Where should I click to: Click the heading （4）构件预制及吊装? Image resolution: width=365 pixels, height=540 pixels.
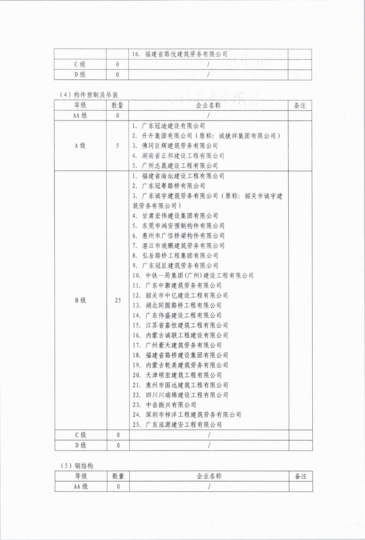coord(89,95)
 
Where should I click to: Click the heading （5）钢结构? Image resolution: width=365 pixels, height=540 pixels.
coord(77,466)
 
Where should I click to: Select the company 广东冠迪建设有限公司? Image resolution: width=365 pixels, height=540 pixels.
coord(169,126)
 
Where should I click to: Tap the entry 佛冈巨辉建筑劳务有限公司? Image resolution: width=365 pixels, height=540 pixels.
coord(175,146)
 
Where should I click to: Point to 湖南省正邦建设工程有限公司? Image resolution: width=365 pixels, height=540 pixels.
coord(178,156)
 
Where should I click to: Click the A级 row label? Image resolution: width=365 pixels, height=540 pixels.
coord(80,146)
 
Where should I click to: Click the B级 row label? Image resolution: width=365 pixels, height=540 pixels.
coord(80,300)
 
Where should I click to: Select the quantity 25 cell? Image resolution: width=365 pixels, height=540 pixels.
coord(118,300)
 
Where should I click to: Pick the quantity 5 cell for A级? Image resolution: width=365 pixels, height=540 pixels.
coord(118,146)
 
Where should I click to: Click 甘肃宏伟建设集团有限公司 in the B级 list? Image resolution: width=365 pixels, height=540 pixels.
coord(175,216)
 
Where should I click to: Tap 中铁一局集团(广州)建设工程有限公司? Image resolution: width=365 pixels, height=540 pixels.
coord(193,275)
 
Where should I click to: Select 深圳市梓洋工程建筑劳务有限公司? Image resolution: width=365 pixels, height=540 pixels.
coord(187,414)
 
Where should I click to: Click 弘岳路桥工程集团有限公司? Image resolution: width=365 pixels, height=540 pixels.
coord(175,255)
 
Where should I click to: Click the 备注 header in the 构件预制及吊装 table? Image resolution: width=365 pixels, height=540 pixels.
coord(299,105)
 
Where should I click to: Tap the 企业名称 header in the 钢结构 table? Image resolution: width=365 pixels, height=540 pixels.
coord(209,476)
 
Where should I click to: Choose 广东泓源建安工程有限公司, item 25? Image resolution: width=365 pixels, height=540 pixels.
coord(177,425)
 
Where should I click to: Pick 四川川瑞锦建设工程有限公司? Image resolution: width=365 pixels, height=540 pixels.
coord(181,395)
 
